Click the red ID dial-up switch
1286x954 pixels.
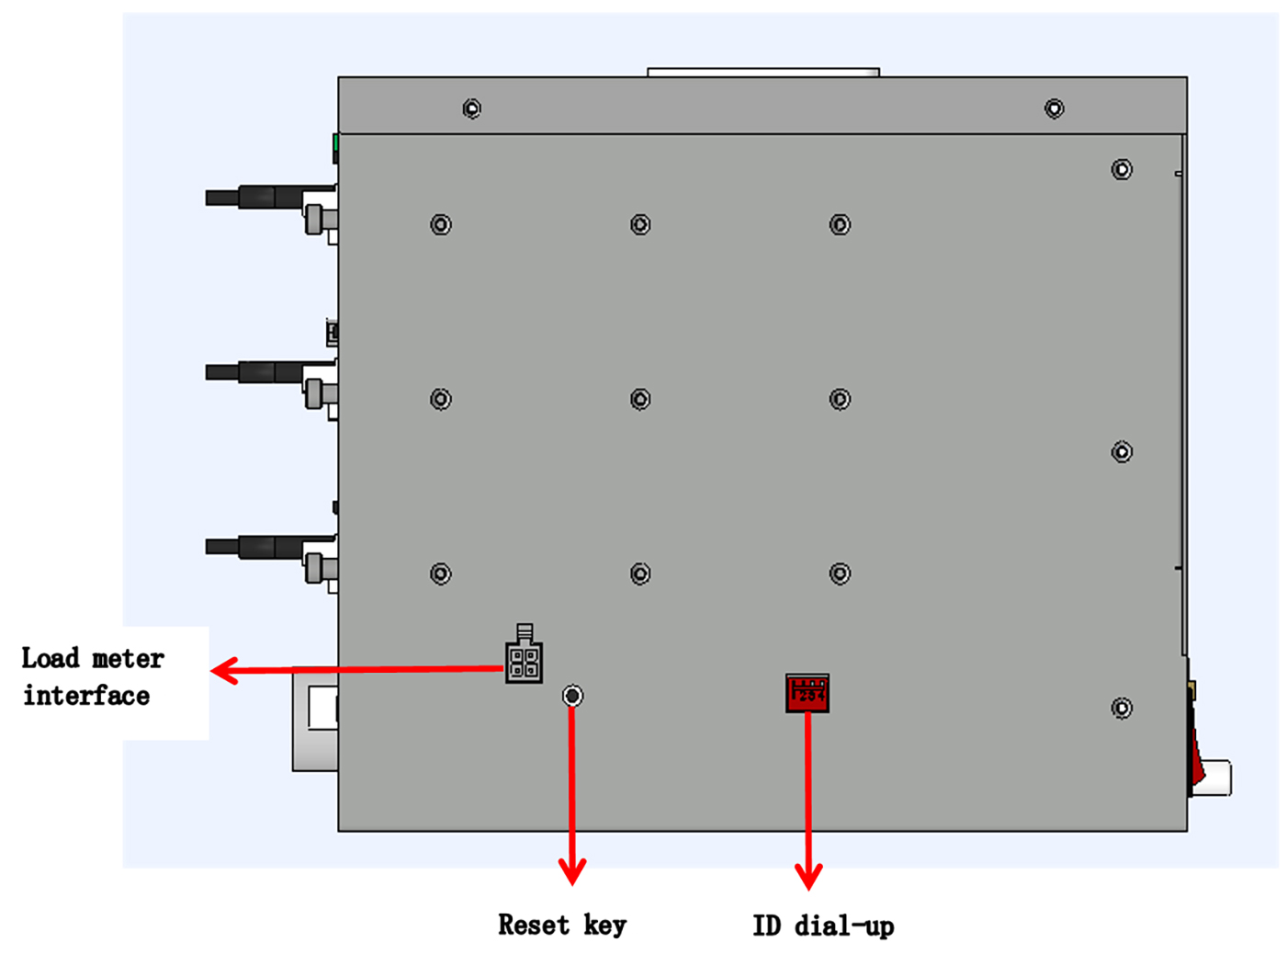click(x=807, y=693)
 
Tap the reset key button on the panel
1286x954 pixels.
click(x=572, y=696)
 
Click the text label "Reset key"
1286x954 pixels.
click(x=562, y=925)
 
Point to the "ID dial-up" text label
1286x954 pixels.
click(x=823, y=926)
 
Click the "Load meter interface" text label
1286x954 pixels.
click(x=92, y=677)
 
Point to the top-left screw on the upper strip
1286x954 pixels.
click(x=471, y=108)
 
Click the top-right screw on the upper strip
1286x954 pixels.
click(x=1055, y=108)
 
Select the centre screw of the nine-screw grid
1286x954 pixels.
click(x=640, y=399)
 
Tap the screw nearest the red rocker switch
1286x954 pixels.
click(x=1122, y=708)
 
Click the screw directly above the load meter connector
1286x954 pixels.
click(x=441, y=574)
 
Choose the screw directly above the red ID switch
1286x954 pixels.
click(x=840, y=574)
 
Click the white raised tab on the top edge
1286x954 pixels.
click(x=763, y=72)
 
